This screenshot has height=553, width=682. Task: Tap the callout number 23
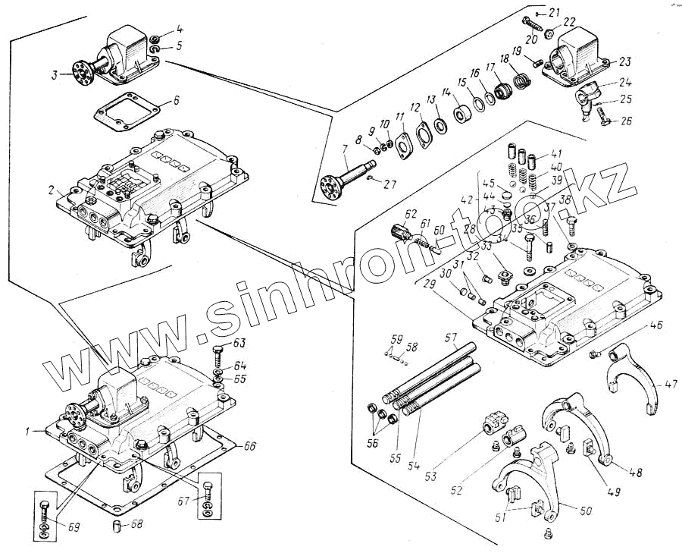click(x=624, y=61)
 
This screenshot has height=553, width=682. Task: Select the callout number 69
click(x=73, y=526)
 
